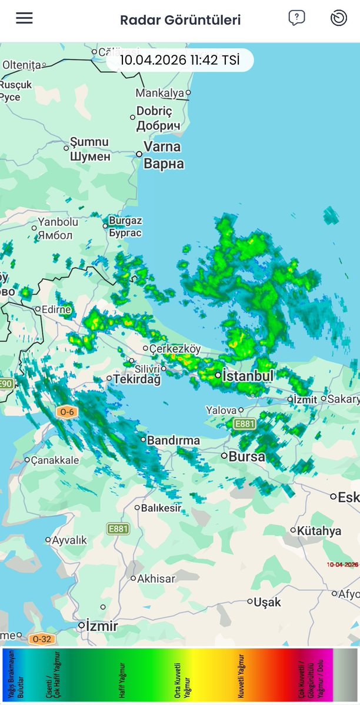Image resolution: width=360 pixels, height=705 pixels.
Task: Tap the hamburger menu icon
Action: pos(24,18)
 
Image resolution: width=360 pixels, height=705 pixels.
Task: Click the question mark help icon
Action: pos(296,18)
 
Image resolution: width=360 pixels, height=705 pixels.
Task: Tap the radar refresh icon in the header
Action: pos(339,18)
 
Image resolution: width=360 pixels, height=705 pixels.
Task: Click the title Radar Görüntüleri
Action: pos(180,20)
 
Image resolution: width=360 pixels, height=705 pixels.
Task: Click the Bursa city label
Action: pos(246,456)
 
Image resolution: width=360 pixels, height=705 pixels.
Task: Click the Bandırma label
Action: pos(174,440)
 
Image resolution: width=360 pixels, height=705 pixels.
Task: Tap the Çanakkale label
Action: pos(55,460)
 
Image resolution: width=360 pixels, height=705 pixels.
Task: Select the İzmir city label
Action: pos(102,625)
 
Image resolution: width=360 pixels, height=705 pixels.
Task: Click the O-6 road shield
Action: pos(65,412)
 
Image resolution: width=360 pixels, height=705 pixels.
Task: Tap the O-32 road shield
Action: pos(41,639)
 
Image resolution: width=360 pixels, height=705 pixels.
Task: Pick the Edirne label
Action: pos(56,309)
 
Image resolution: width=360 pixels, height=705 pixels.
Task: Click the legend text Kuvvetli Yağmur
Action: pos(242,674)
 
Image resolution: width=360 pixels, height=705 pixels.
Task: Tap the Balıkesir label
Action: pos(161,507)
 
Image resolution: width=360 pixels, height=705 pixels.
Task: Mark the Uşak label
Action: pos(268,602)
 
